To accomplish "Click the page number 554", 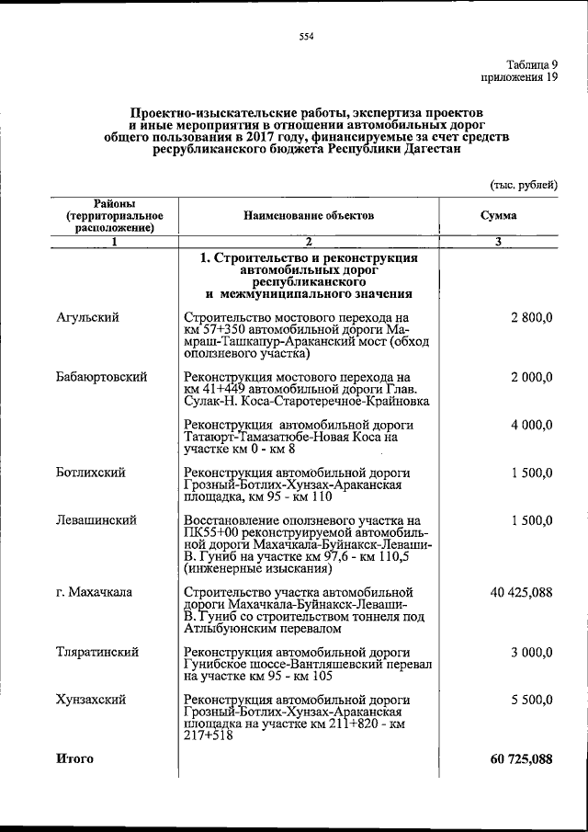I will pyautogui.click(x=307, y=36).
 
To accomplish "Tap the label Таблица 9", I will pyautogui.click(x=532, y=64).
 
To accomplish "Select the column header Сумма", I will pyautogui.click(x=498, y=215).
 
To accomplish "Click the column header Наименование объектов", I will pyautogui.click(x=309, y=215).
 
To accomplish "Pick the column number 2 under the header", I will pyautogui.click(x=309, y=242).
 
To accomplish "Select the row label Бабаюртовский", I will pyautogui.click(x=101, y=377).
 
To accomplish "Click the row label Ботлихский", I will pyautogui.click(x=90, y=473).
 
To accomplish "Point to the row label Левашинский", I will pyautogui.click(x=96, y=519).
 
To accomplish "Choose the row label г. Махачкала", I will pyautogui.click(x=93, y=591).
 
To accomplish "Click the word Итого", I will pyautogui.click(x=74, y=758).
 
